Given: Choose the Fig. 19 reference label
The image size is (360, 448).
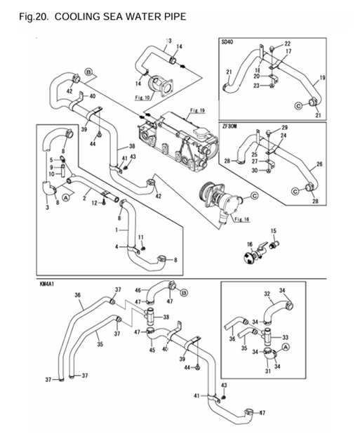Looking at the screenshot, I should point(197,111).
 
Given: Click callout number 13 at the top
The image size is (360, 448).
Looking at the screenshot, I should point(169,41).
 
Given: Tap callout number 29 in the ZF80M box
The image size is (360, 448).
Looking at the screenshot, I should point(285,127).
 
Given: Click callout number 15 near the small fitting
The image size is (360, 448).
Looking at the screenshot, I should point(274,230).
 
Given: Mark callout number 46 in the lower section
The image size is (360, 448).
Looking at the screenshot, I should point(138,289).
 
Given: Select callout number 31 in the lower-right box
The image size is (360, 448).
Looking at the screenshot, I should point(267,371).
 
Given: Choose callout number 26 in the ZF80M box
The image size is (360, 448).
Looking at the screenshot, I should point(320,166).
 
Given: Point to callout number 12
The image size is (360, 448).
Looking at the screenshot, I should point(93,203).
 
